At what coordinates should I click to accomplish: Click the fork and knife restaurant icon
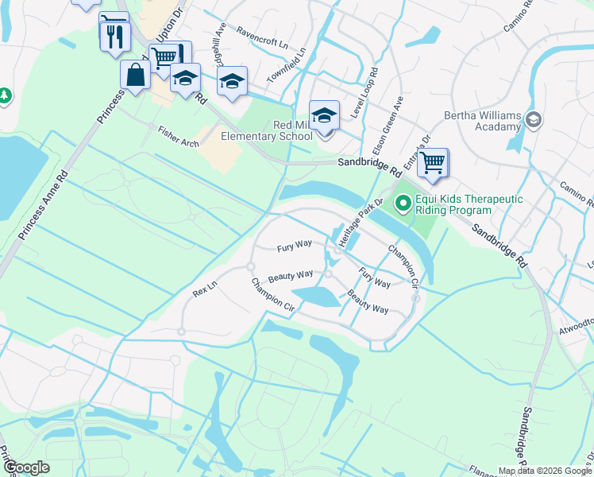(x=115, y=36)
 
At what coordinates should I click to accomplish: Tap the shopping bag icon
(x=136, y=76)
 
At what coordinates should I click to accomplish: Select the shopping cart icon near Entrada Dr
(x=433, y=162)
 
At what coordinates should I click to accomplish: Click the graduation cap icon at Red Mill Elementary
(x=324, y=115)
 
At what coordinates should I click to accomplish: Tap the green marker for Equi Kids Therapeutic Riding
(x=403, y=204)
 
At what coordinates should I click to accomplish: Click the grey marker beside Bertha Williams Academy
(x=533, y=120)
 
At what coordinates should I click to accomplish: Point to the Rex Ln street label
(x=205, y=289)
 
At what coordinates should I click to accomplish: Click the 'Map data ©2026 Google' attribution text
(x=545, y=471)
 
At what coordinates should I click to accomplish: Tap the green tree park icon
(x=5, y=96)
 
